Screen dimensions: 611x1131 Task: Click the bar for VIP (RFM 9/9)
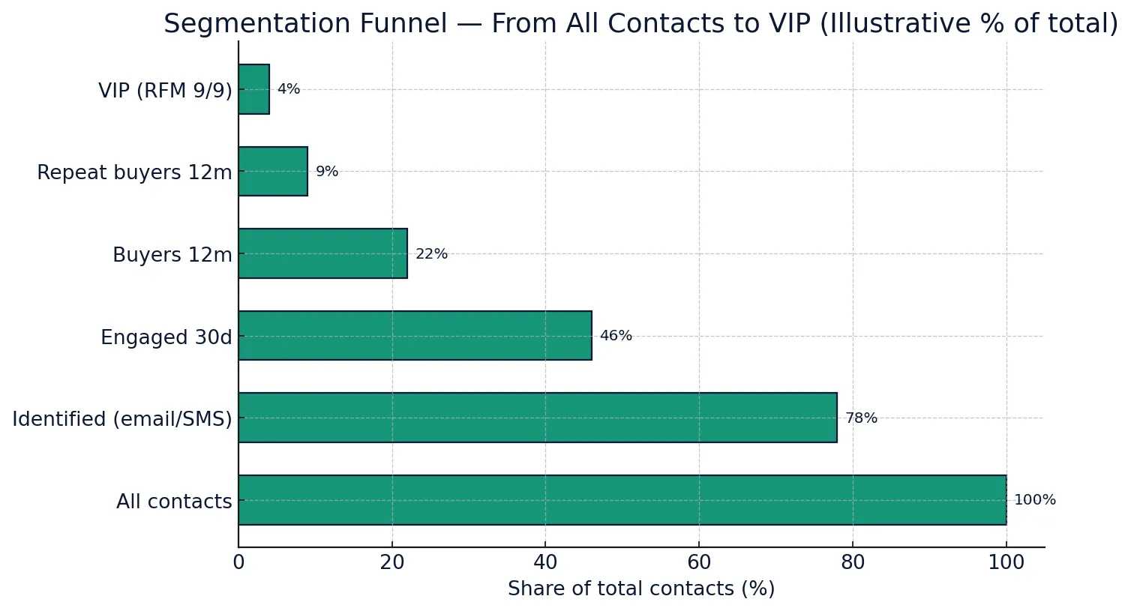(x=254, y=89)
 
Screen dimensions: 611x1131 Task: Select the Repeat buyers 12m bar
(x=273, y=172)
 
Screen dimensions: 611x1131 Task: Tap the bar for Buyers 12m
(x=322, y=253)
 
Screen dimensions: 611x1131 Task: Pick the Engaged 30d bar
(x=415, y=336)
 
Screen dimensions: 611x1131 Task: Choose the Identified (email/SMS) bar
(x=537, y=418)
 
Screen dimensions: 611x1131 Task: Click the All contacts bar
(x=622, y=500)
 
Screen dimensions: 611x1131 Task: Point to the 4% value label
(x=289, y=89)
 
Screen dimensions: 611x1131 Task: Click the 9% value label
(x=327, y=172)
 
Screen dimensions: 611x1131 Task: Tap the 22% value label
(x=431, y=254)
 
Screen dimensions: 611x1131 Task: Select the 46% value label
(x=616, y=336)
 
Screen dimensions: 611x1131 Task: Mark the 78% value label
(x=861, y=418)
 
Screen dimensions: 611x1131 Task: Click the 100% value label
(x=1034, y=500)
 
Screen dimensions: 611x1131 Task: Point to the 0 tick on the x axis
(x=238, y=563)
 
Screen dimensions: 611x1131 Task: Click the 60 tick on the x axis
(x=699, y=563)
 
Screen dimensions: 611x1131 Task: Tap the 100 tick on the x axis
(x=1006, y=563)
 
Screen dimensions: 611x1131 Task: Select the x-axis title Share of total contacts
(x=641, y=589)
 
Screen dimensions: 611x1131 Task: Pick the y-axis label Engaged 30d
(x=166, y=337)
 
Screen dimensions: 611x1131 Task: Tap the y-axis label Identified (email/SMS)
(x=122, y=419)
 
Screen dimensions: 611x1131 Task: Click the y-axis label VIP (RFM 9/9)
(x=165, y=91)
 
